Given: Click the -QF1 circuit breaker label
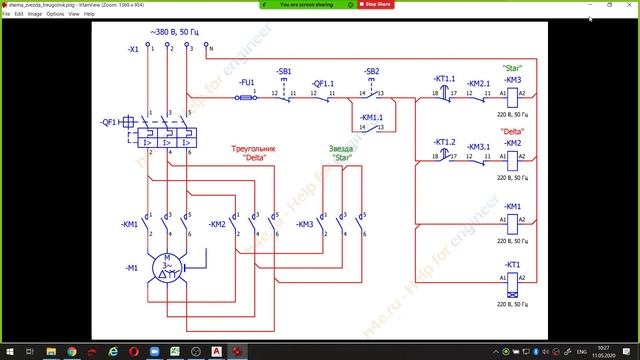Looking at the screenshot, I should point(111,120).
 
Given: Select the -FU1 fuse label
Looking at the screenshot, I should point(247,80).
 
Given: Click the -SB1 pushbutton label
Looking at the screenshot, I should point(284,72).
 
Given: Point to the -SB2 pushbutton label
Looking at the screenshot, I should point(371,72).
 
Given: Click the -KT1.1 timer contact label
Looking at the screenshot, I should point(444,78).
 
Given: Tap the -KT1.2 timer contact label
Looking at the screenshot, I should point(444,142).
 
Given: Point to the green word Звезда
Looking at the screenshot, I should point(342,149).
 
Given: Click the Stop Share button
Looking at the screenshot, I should point(375,5).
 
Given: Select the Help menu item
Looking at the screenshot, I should point(89,14).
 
